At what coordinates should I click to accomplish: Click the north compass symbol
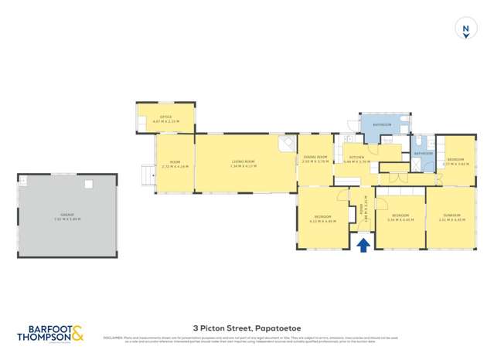coord(465,29)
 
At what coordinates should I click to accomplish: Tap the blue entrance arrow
coord(363,244)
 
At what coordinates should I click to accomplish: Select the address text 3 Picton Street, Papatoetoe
coord(247,327)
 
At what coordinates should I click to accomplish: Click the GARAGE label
coord(68,215)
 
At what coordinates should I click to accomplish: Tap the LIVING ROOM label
coord(243,161)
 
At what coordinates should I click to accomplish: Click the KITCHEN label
coord(356,157)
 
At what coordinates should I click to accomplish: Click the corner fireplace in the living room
coord(287,144)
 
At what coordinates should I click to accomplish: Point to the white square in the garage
coord(89,184)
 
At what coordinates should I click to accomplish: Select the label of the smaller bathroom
coord(423,153)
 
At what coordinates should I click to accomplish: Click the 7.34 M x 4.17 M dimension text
coord(243,166)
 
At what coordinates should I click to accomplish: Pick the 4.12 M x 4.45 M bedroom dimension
coord(323,220)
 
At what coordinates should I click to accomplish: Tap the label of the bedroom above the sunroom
coord(455,159)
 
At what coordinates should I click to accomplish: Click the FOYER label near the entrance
coord(360,207)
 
